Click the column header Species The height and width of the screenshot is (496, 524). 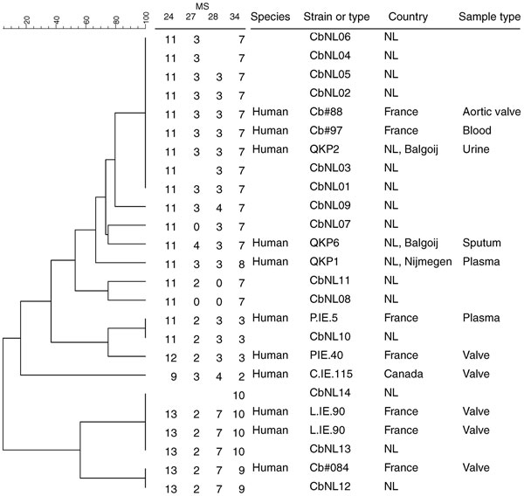271,17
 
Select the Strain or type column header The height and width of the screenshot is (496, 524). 336,17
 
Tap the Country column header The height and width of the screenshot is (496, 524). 408,17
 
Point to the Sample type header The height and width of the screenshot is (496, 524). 490,17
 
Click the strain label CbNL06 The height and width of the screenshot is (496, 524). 330,37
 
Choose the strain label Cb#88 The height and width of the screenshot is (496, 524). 326,112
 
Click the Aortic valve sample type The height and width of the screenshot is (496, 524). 492,112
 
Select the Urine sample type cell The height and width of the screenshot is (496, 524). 476,149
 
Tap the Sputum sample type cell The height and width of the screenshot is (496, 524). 481,243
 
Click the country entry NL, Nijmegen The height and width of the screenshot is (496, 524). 418,262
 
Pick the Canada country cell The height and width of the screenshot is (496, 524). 403,374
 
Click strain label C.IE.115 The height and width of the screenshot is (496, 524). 331,374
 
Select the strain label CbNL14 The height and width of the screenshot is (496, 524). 330,392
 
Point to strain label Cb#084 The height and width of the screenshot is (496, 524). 329,467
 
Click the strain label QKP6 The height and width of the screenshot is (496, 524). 324,243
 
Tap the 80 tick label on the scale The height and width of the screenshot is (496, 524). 116,20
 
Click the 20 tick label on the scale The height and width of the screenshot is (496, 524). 27,20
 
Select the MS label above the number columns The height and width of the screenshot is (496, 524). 203,6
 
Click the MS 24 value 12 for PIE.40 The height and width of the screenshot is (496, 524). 171,358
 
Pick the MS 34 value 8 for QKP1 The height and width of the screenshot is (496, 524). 242,265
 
